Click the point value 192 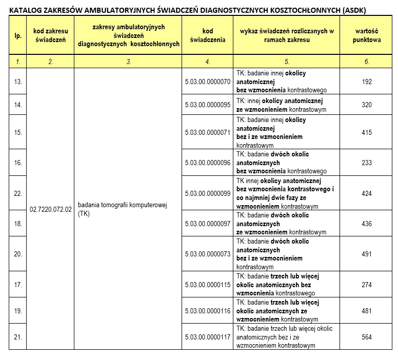pyautogui.click(x=367, y=82)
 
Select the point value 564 pyautogui.click(x=367, y=337)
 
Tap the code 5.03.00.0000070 pyautogui.click(x=208, y=82)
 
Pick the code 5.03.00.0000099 pyautogui.click(x=208, y=193)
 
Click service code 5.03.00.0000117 pyautogui.click(x=208, y=337)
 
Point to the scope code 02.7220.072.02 pyautogui.click(x=50, y=209)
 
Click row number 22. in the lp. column pyautogui.click(x=18, y=193)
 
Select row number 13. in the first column pyautogui.click(x=18, y=82)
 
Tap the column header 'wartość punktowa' pyautogui.click(x=367, y=35)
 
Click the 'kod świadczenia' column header pyautogui.click(x=208, y=35)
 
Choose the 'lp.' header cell pyautogui.click(x=18, y=35)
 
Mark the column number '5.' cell pyautogui.click(x=287, y=62)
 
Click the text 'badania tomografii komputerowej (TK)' pyautogui.click(x=123, y=209)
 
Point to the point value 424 pyautogui.click(x=367, y=193)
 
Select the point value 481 pyautogui.click(x=367, y=311)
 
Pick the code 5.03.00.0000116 pyautogui.click(x=208, y=311)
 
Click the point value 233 pyautogui.click(x=367, y=163)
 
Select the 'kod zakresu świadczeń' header pyautogui.click(x=50, y=35)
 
